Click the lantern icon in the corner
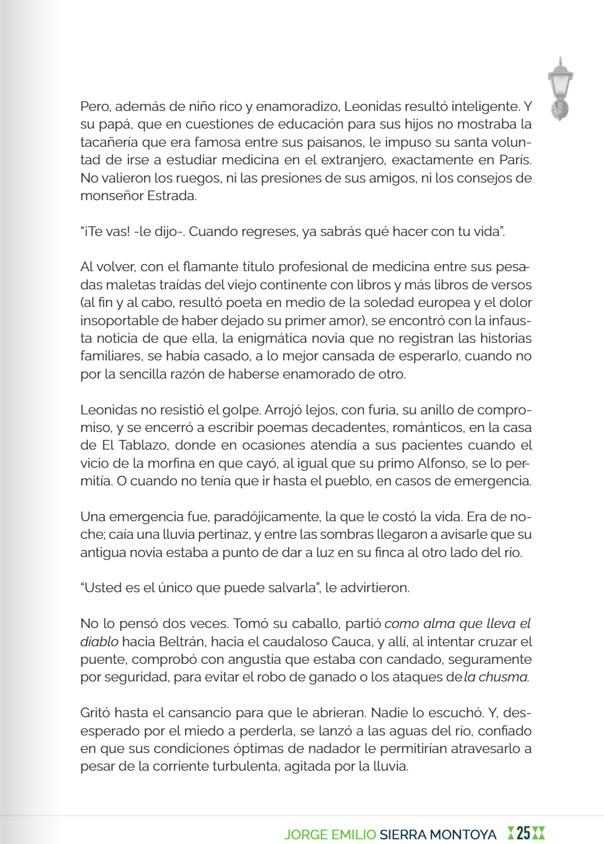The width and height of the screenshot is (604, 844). click(x=560, y=89)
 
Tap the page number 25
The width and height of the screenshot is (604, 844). click(x=523, y=833)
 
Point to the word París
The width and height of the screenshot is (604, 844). click(x=515, y=160)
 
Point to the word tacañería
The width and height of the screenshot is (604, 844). click(x=108, y=142)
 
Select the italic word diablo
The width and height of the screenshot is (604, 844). click(x=99, y=642)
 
